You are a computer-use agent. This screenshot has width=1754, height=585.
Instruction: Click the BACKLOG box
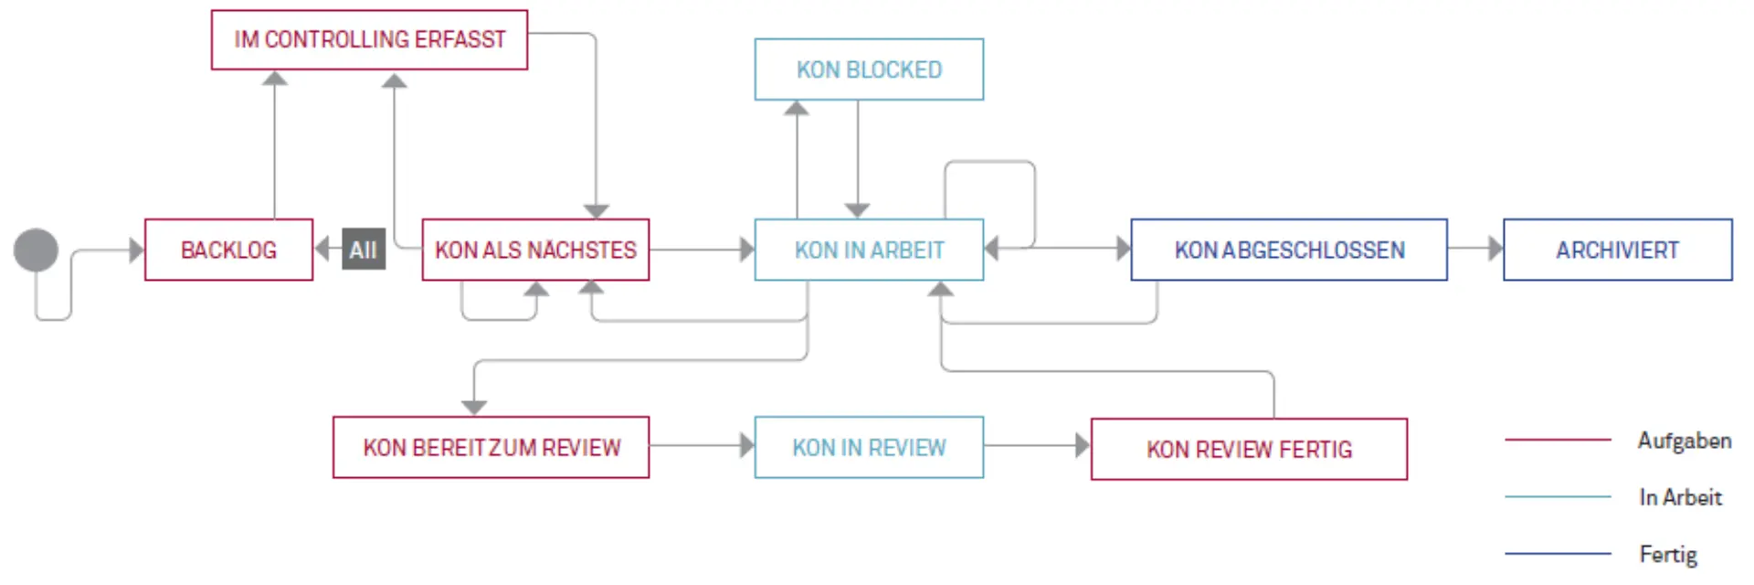pyautogui.click(x=228, y=250)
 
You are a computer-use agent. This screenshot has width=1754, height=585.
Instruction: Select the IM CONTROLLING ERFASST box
pyautogui.click(x=369, y=39)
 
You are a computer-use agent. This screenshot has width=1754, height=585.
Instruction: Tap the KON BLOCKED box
pyautogui.click(x=869, y=69)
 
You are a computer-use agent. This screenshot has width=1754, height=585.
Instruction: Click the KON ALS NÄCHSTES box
pyautogui.click(x=535, y=250)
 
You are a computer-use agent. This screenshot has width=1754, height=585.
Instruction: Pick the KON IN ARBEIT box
pyautogui.click(x=869, y=250)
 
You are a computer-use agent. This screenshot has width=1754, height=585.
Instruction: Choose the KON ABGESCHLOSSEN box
pyautogui.click(x=1289, y=250)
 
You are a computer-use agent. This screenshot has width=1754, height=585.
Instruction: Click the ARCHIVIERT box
pyautogui.click(x=1617, y=250)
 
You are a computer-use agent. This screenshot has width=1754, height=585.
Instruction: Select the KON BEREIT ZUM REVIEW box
pyautogui.click(x=491, y=447)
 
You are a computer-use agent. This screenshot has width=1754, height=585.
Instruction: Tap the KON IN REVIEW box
pyautogui.click(x=869, y=447)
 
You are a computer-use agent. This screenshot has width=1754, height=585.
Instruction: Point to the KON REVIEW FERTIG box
pyautogui.click(x=1249, y=449)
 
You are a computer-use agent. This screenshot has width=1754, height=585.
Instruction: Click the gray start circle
pyautogui.click(x=37, y=250)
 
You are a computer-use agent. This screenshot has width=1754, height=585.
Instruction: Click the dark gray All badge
pyautogui.click(x=364, y=250)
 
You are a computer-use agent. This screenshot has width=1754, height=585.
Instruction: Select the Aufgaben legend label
pyautogui.click(x=1684, y=441)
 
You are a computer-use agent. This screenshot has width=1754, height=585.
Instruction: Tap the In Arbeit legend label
pyautogui.click(x=1680, y=497)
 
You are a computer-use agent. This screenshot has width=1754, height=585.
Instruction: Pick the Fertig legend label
pyautogui.click(x=1668, y=554)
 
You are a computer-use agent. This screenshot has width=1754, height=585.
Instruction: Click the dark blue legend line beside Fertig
pyautogui.click(x=1558, y=554)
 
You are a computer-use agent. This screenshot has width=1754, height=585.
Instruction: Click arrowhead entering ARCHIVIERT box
pyautogui.click(x=1495, y=249)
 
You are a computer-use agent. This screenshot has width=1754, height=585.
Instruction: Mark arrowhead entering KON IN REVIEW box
pyautogui.click(x=747, y=446)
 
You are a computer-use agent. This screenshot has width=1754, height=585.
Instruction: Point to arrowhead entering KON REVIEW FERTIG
pyautogui.click(x=1083, y=446)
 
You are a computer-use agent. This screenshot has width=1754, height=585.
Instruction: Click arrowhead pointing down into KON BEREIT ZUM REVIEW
pyautogui.click(x=474, y=408)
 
